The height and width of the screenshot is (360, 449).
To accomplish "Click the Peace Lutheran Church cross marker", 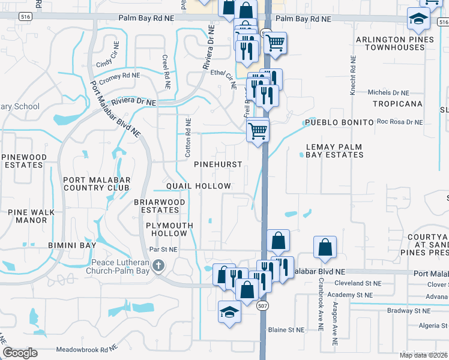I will (x=158, y=265).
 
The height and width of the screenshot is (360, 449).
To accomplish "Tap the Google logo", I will (x=20, y=353).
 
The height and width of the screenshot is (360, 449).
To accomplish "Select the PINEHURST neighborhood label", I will (x=218, y=164).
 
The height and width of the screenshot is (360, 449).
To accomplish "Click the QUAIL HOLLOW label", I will (x=198, y=187).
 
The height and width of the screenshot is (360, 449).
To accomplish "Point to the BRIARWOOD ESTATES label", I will (x=160, y=206).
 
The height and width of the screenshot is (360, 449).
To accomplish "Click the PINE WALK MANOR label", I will (x=31, y=216).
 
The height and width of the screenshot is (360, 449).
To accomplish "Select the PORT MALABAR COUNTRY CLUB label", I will (x=95, y=182).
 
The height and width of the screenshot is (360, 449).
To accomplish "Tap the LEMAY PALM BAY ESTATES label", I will (x=334, y=151).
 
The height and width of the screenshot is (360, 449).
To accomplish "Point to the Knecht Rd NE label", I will (x=353, y=76).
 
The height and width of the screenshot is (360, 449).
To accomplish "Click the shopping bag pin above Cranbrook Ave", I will (x=325, y=248).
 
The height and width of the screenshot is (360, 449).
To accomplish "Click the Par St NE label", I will (x=163, y=249).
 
